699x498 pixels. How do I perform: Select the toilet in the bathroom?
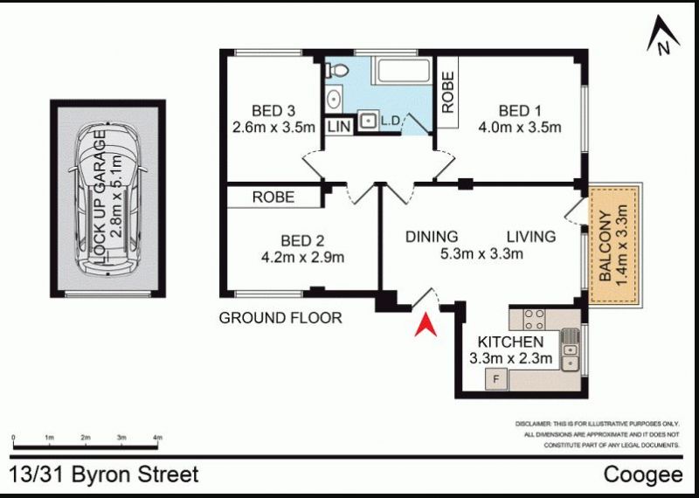(336, 70)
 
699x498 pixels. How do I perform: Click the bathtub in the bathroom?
(403, 70)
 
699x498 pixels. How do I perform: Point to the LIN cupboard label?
(340, 127)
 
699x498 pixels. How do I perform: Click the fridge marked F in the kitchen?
(495, 380)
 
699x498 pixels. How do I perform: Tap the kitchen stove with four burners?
(534, 318)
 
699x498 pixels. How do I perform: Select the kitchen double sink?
(571, 350)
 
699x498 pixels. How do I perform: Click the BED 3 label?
(273, 111)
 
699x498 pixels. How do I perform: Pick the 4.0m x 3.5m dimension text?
(519, 128)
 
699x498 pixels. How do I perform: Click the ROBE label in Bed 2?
(273, 197)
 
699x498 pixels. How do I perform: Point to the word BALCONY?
(605, 246)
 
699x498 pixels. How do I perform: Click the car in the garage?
(107, 200)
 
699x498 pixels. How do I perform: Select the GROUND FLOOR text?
(280, 318)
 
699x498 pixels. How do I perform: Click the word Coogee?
(643, 474)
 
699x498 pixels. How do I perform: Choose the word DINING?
(432, 236)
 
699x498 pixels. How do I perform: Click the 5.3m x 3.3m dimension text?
(481, 253)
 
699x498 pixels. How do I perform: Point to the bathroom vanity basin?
(334, 99)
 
